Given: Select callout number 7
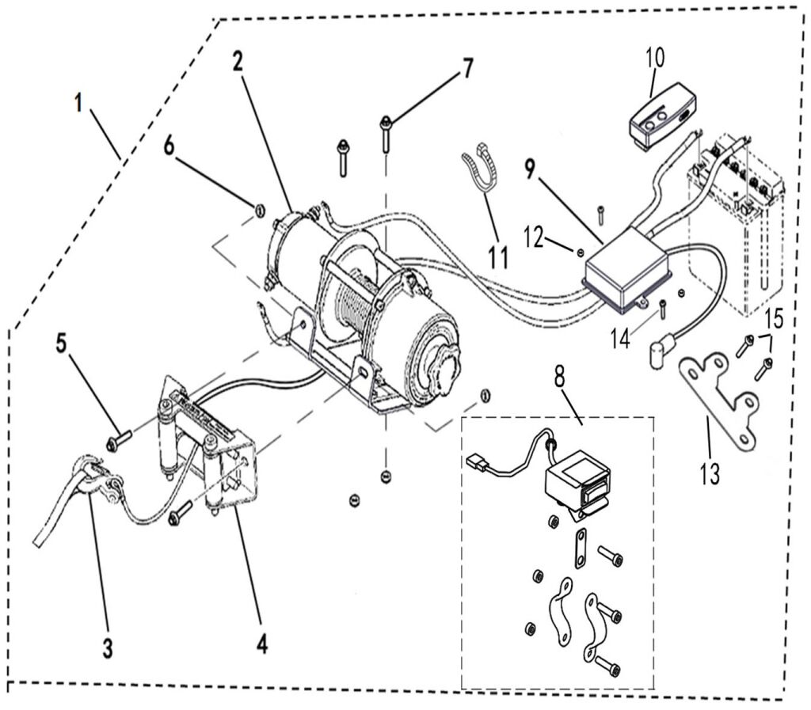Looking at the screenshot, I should pyautogui.click(x=467, y=68).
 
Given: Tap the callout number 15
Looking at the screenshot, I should pyautogui.click(x=774, y=319).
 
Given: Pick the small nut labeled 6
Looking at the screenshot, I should pyautogui.click(x=258, y=211).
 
